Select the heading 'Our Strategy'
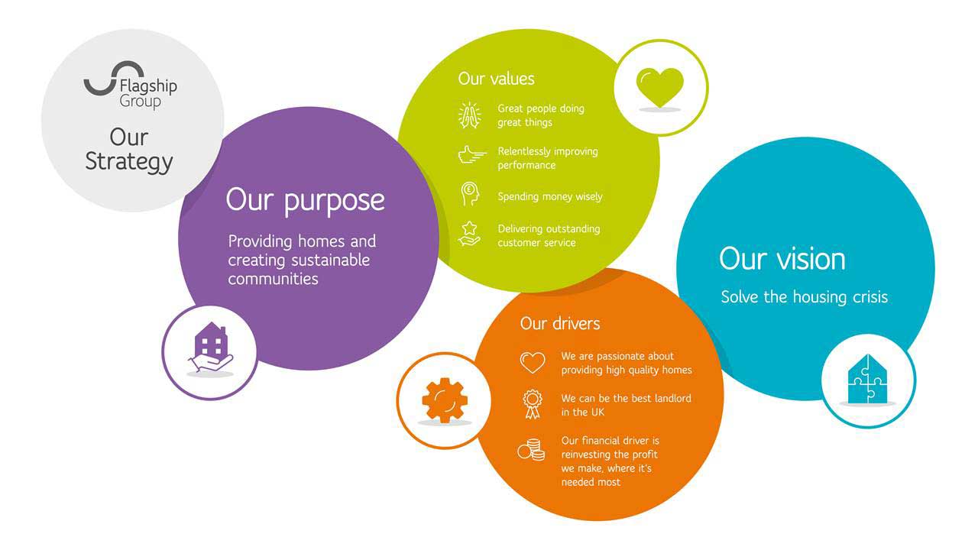(129, 150)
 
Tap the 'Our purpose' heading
(305, 201)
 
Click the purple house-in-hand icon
(211, 347)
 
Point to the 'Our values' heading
(496, 79)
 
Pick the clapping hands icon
(470, 115)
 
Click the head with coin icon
(470, 193)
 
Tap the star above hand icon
(469, 234)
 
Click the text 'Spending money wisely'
(549, 197)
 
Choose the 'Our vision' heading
(782, 259)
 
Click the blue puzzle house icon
(867, 379)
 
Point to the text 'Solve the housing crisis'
(805, 297)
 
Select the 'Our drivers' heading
(560, 323)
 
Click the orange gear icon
(445, 400)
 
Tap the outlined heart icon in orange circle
(533, 363)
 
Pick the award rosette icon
(533, 404)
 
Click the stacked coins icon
(531, 450)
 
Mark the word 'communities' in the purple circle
(273, 280)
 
